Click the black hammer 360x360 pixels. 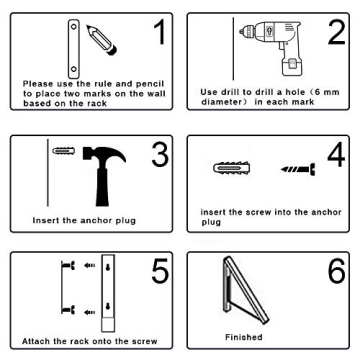91,169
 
